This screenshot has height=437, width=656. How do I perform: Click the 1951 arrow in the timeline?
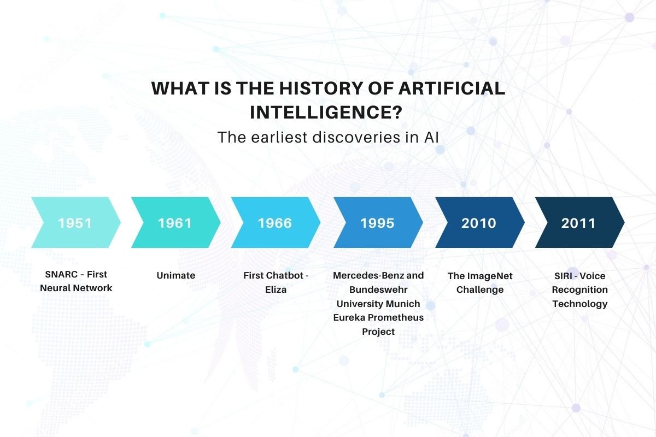click(75, 223)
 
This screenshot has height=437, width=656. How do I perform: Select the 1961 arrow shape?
click(175, 223)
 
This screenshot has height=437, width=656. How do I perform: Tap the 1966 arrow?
click(275, 223)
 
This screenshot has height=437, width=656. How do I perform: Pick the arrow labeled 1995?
click(377, 223)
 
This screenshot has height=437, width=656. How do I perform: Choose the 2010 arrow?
click(479, 223)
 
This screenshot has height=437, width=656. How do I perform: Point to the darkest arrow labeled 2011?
click(579, 223)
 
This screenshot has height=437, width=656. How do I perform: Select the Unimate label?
click(175, 275)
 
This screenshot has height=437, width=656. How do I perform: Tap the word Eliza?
click(276, 290)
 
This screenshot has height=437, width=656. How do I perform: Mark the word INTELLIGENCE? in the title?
click(326, 113)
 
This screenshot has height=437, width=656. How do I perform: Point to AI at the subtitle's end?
click(431, 137)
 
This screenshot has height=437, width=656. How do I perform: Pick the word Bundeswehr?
click(378, 290)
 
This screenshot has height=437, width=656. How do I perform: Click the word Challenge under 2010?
click(480, 290)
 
